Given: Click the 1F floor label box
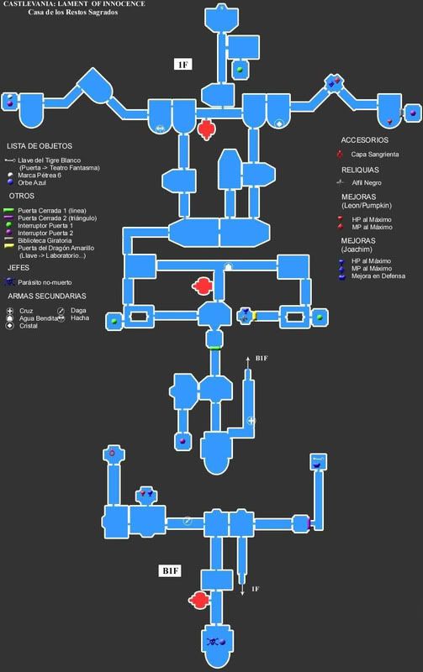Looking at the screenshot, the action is tap(182, 65).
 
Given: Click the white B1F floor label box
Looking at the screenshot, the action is tap(171, 570).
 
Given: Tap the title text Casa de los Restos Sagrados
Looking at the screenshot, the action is tap(73, 12).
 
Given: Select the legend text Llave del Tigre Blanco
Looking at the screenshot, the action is tap(49, 160).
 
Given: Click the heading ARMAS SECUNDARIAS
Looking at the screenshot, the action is tap(47, 297).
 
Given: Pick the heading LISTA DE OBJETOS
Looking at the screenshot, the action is tap(40, 146).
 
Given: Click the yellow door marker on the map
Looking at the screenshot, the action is tap(254, 317).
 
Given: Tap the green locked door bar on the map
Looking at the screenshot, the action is tap(214, 348).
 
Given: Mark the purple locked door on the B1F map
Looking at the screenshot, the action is tap(309, 523).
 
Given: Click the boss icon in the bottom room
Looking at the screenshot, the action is tap(213, 642).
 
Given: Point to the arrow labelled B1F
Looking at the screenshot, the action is tap(248, 363).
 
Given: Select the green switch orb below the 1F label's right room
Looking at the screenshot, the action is tap(240, 69).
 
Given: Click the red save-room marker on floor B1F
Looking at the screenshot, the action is tap(198, 600).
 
